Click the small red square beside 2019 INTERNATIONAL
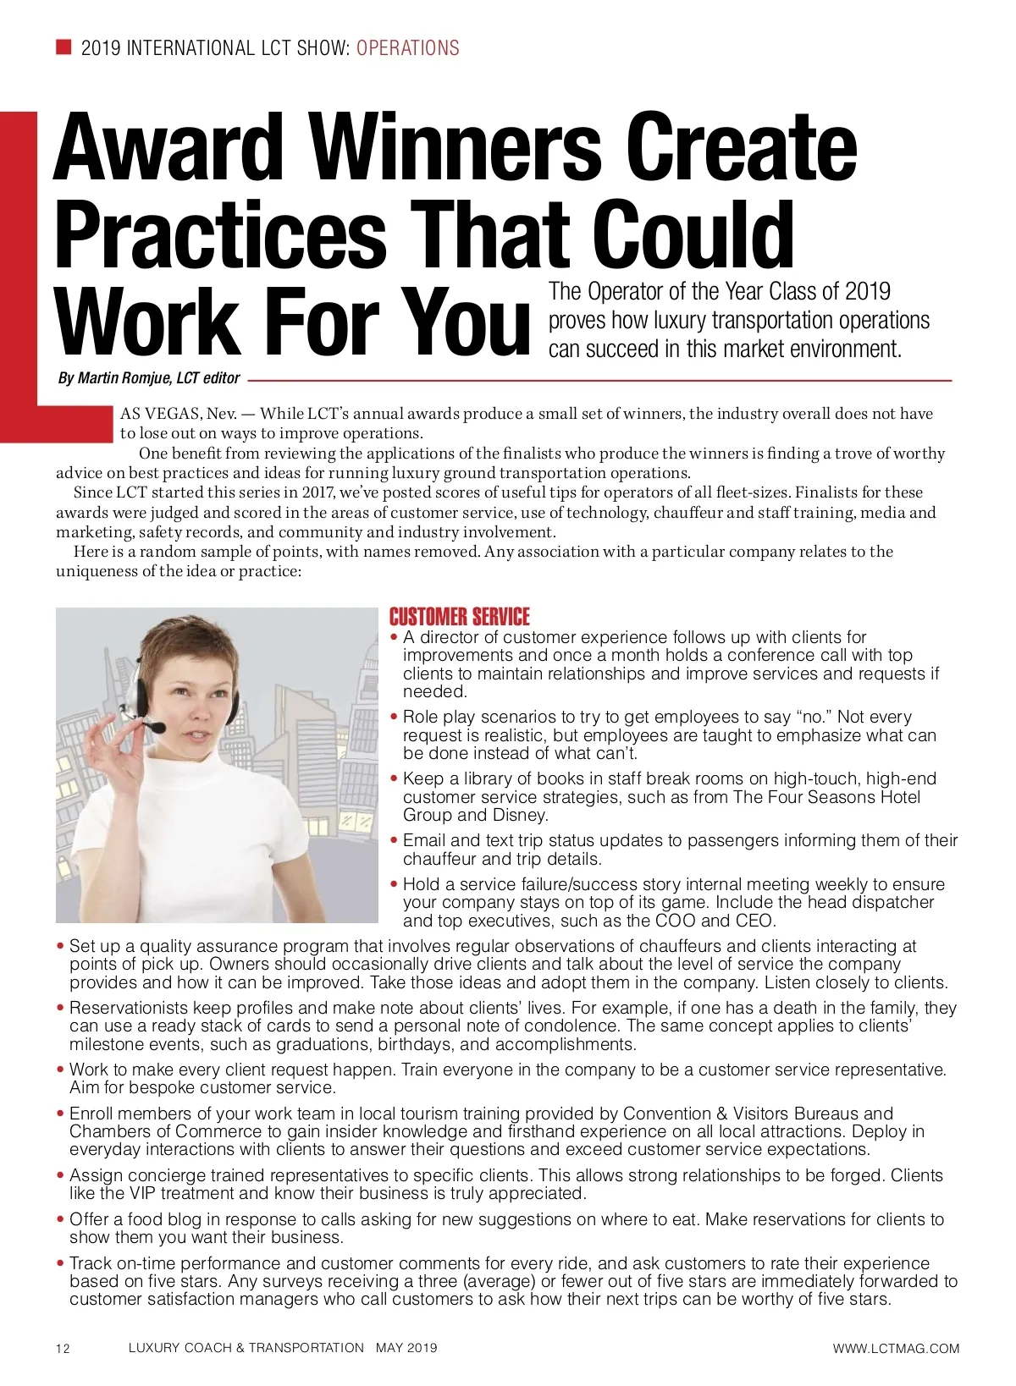coord(63,47)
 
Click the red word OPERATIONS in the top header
coord(407,47)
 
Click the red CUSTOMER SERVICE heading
coord(459,617)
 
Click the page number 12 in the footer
coord(63,1349)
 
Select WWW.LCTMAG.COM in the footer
coord(896,1349)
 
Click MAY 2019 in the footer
coord(406,1348)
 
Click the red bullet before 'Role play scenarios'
coord(395,717)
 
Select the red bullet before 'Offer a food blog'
coord(61,1219)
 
